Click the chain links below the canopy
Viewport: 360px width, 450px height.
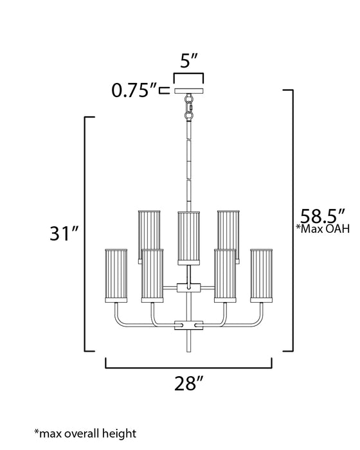(x=189, y=107)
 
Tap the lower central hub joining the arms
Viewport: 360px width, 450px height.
(x=188, y=325)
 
